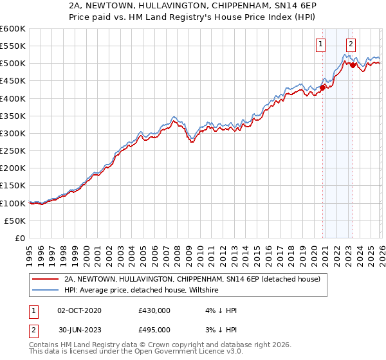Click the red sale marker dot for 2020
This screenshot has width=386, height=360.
pos(322,88)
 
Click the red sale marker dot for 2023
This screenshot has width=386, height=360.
pos(353,65)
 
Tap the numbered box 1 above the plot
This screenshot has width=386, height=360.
pos(320,44)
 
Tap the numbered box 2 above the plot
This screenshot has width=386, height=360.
pos(351,44)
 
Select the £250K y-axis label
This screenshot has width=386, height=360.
pos(13,151)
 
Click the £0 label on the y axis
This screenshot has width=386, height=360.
pos(19,239)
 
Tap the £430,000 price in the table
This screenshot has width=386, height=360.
pos(154,310)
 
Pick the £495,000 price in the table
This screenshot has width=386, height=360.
pos(154,329)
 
